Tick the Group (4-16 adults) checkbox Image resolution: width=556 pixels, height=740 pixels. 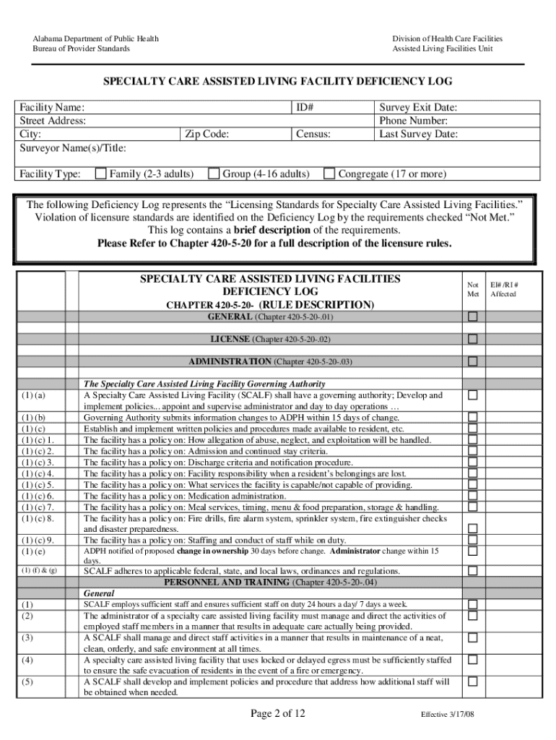pyautogui.click(x=214, y=173)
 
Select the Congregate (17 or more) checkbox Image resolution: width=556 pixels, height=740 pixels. pyautogui.click(x=329, y=173)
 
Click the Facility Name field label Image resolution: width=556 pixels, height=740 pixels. pyautogui.click(x=52, y=108)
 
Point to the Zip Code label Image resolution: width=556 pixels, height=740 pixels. pyautogui.click(x=207, y=134)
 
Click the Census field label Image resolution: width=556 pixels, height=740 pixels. pyautogui.click(x=313, y=134)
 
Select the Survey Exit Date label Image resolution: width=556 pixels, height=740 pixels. pyautogui.click(x=419, y=108)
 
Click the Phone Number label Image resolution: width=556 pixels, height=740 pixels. pyautogui.click(x=414, y=121)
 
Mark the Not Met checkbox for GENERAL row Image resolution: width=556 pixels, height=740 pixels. pyautogui.click(x=473, y=317)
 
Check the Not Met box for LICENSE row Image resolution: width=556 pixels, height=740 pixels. pyautogui.click(x=473, y=339)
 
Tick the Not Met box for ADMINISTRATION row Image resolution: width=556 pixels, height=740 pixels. pyautogui.click(x=473, y=361)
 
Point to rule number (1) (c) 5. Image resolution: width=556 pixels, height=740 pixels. pyautogui.click(x=38, y=484)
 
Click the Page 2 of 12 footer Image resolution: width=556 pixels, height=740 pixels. pyautogui.click(x=278, y=714)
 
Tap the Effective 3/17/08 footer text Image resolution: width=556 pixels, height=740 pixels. pyautogui.click(x=448, y=715)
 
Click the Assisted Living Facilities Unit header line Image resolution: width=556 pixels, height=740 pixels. pyautogui.click(x=448, y=48)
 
